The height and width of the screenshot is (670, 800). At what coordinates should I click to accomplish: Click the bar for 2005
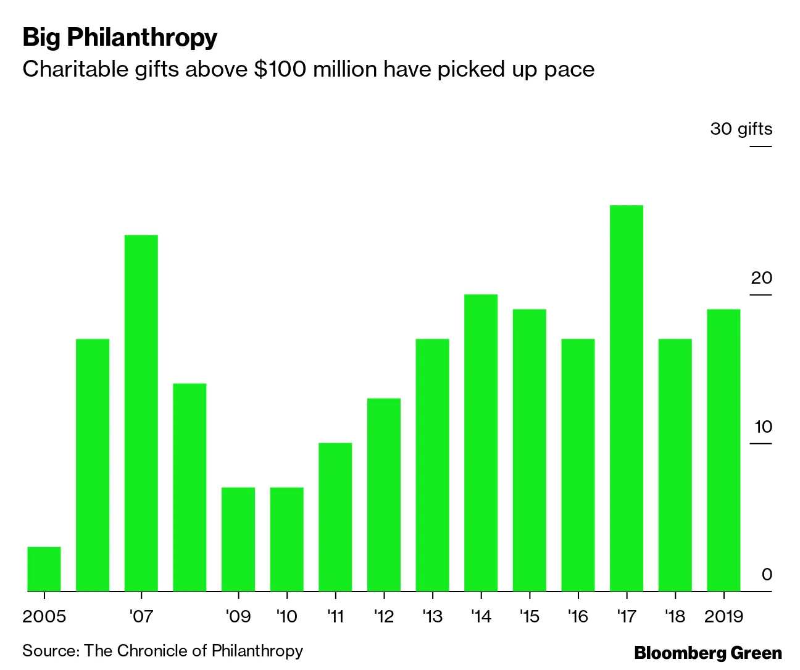tap(44, 569)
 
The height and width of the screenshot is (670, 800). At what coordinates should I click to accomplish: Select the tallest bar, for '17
tap(626, 398)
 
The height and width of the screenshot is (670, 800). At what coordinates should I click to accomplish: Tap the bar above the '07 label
tap(141, 413)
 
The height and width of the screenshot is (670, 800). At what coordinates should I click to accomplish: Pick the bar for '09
tap(238, 539)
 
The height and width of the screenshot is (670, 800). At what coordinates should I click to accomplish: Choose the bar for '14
tap(480, 443)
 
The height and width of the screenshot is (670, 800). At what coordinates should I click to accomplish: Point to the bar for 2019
tap(723, 450)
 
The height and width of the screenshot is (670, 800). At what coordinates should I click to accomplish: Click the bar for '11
tap(335, 517)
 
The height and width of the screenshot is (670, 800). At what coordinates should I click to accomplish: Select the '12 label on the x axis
tap(383, 616)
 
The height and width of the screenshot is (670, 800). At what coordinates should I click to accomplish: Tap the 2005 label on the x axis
tap(44, 616)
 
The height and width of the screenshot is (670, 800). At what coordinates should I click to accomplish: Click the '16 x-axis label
tap(577, 616)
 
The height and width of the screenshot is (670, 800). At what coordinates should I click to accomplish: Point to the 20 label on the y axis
tap(761, 278)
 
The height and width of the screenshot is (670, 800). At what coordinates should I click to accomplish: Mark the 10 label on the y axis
tap(763, 426)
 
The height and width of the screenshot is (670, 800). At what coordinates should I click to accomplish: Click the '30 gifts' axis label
tap(741, 129)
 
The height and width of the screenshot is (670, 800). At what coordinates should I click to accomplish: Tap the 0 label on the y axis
tap(767, 575)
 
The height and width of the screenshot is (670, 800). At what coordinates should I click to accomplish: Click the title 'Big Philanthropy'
tap(120, 38)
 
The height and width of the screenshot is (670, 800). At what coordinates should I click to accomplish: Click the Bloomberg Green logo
tap(708, 653)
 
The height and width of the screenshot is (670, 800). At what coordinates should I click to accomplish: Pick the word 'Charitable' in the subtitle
tap(75, 69)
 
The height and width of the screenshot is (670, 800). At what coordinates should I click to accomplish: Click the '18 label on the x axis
tap(675, 616)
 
